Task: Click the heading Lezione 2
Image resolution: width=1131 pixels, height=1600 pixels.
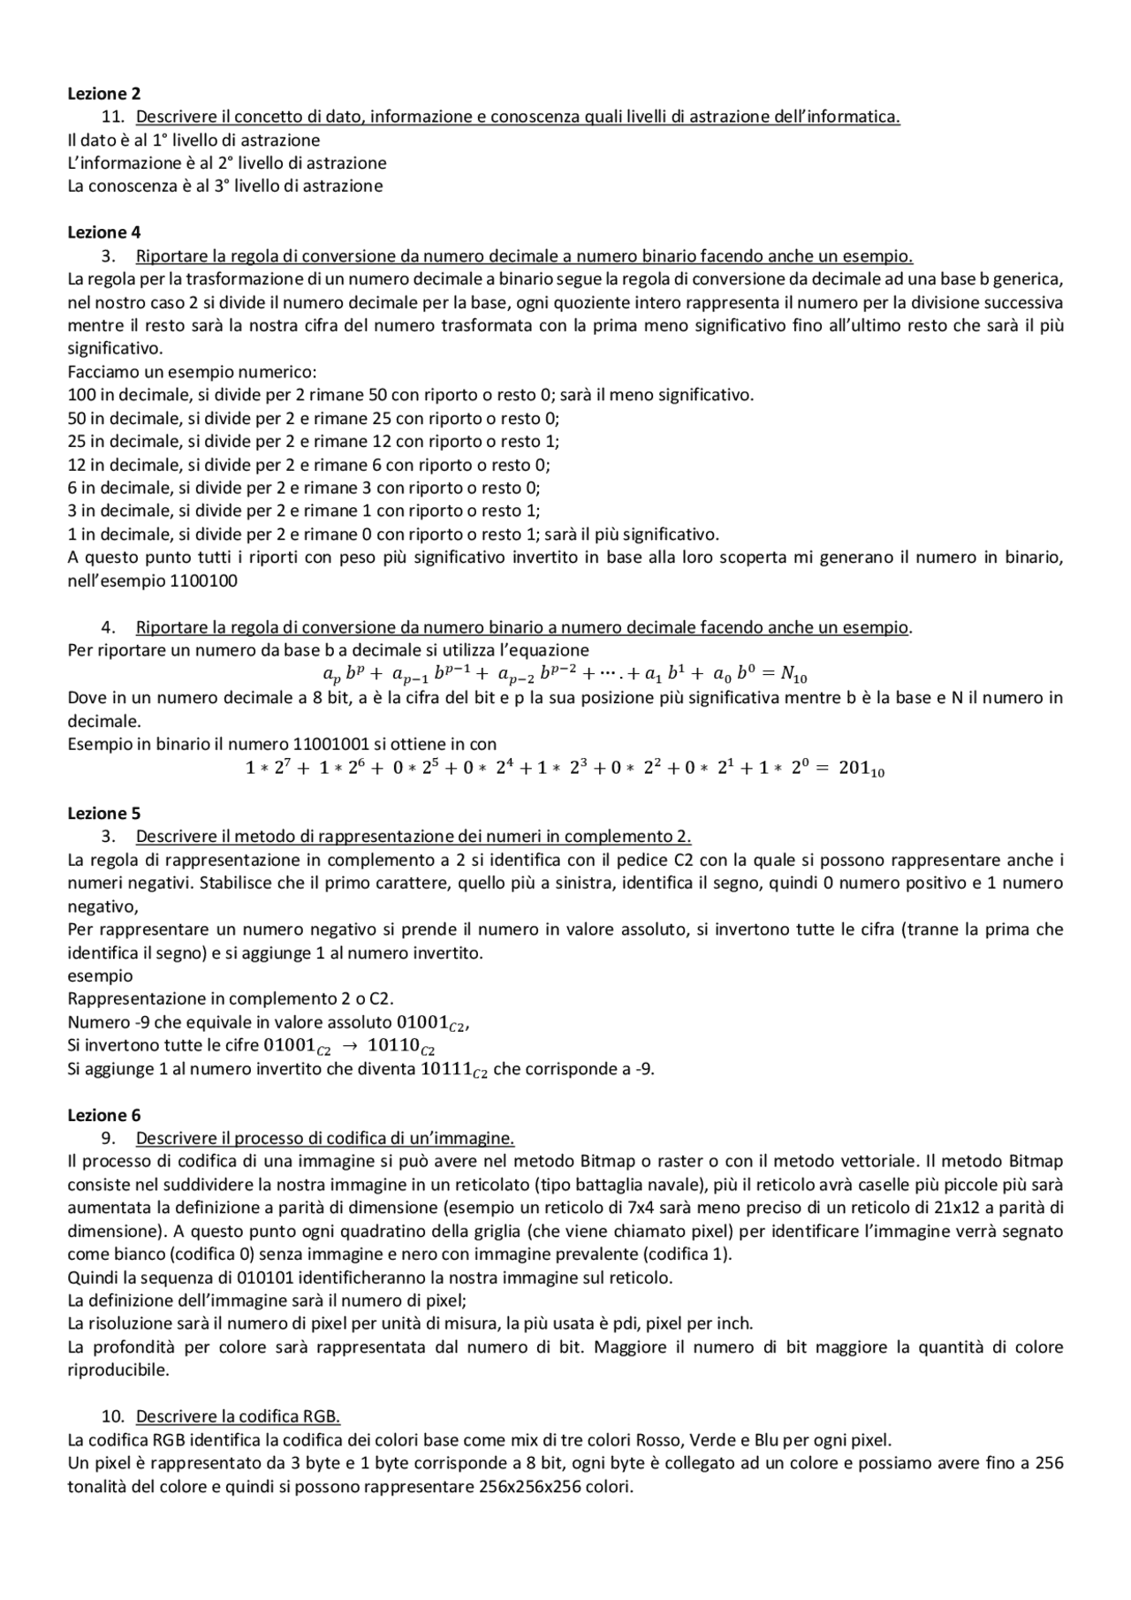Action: (x=103, y=93)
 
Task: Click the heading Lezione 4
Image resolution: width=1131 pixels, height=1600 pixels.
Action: (x=103, y=232)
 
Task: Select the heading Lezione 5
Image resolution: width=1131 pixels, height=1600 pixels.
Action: (x=103, y=813)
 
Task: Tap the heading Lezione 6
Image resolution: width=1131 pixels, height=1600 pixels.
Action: (x=103, y=1115)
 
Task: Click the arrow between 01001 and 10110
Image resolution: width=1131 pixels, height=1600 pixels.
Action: (x=348, y=1045)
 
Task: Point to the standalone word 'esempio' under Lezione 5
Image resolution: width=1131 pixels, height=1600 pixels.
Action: (x=100, y=975)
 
